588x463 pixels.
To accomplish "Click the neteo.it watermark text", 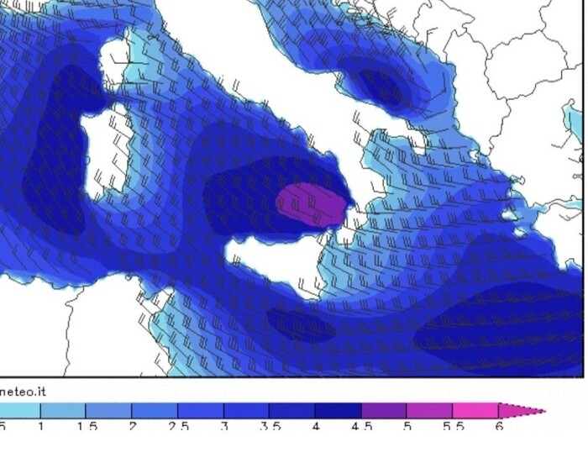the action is [23, 392].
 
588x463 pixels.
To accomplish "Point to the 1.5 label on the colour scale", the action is [88, 427].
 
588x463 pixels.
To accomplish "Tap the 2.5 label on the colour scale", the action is [179, 427].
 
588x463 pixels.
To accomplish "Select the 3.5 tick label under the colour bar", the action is [270, 427].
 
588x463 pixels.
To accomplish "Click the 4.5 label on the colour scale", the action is [362, 427].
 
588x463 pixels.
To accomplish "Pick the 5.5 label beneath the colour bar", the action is [454, 427].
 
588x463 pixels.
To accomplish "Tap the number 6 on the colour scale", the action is [499, 427].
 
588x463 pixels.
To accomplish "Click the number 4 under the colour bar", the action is [316, 427].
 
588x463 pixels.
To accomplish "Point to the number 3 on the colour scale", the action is [224, 427].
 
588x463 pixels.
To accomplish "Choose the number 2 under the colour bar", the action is [133, 427].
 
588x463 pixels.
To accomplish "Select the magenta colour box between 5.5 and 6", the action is [476, 411].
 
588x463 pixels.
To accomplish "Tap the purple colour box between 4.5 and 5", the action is [384, 411].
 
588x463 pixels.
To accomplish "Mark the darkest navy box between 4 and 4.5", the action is [339, 411].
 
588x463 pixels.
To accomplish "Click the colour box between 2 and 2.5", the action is [155, 411].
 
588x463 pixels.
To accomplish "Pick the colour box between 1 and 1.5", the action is [64, 411].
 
